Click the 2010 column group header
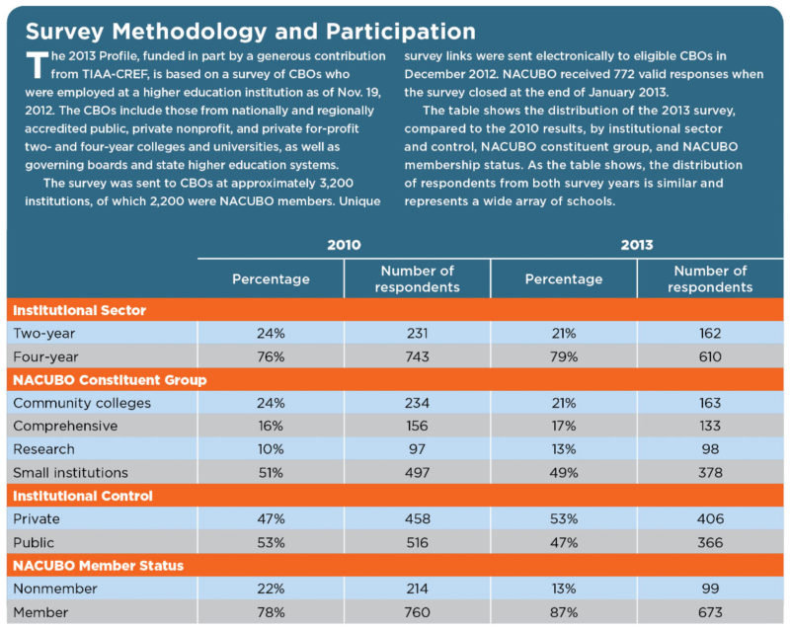[343, 245]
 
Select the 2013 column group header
[637, 245]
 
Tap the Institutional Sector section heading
[79, 310]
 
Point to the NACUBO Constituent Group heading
[110, 379]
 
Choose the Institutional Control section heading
[82, 496]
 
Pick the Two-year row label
[44, 334]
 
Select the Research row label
[43, 449]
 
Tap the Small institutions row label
[70, 473]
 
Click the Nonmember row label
[55, 589]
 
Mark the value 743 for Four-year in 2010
[418, 356]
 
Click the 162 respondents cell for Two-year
[710, 334]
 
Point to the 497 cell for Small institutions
[418, 473]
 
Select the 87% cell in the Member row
[564, 612]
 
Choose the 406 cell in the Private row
[710, 518]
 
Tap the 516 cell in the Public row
[418, 542]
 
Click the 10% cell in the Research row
[271, 449]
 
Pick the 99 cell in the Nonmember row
[710, 589]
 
